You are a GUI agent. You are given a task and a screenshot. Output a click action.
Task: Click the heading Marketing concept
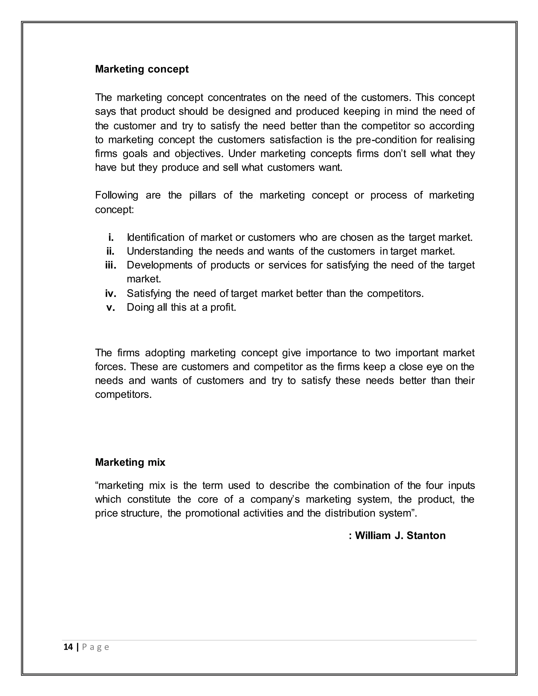click(x=142, y=69)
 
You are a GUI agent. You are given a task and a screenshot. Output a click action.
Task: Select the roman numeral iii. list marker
click(x=110, y=265)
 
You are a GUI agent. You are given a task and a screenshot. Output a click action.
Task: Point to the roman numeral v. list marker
click(x=111, y=308)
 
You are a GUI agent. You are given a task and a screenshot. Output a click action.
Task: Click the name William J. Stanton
click(x=400, y=535)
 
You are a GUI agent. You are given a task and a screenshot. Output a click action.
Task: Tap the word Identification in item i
click(x=156, y=237)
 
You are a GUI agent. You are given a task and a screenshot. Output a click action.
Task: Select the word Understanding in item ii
click(x=160, y=251)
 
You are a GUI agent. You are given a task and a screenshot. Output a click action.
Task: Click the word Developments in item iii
click(x=159, y=265)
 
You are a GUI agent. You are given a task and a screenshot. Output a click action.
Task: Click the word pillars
click(x=202, y=195)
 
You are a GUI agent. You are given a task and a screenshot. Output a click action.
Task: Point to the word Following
click(x=116, y=195)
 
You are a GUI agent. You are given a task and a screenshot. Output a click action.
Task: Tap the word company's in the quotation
click(x=275, y=499)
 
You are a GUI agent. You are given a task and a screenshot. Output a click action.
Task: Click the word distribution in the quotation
click(x=350, y=513)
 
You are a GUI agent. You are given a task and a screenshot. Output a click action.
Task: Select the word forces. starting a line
click(x=110, y=367)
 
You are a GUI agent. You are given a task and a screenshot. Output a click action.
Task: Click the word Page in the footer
click(x=96, y=647)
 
